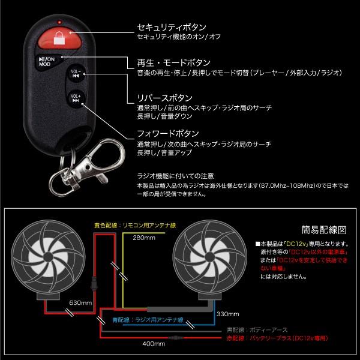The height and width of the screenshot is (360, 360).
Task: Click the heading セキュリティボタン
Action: (x=172, y=28)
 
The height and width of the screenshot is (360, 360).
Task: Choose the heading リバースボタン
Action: (x=165, y=97)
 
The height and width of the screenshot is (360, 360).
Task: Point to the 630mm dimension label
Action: (x=80, y=303)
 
